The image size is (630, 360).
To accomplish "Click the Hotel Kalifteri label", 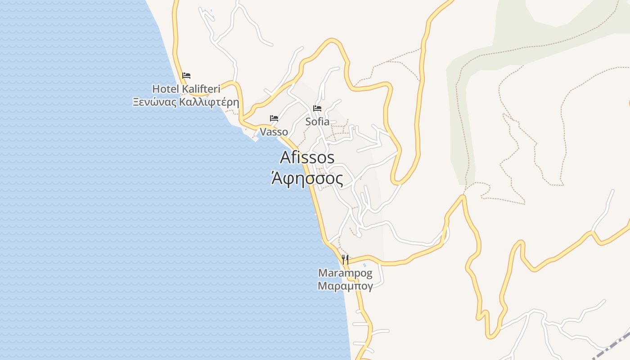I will pos(186,89).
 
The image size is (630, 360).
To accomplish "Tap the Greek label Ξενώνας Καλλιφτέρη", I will pos(185,102).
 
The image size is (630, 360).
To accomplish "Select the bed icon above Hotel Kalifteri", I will pos(186,76).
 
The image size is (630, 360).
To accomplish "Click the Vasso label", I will pos(274,132).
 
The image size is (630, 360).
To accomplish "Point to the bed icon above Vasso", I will pos(274,119).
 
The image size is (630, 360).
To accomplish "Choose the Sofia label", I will pos(317,121).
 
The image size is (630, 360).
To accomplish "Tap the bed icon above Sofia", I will pos(317,108).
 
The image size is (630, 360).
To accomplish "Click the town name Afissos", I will pos(307,157).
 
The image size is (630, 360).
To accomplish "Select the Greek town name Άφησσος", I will pos(307,179).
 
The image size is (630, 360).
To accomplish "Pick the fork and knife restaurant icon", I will pos(345,259).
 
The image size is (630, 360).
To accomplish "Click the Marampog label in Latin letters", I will pos(345,273).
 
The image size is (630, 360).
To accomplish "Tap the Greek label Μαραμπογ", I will pos(345,286).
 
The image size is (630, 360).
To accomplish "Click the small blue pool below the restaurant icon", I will pos(364,265).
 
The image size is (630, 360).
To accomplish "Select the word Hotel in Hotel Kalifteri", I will pos(166,89).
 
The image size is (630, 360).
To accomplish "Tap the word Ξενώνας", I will pos(154,102).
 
